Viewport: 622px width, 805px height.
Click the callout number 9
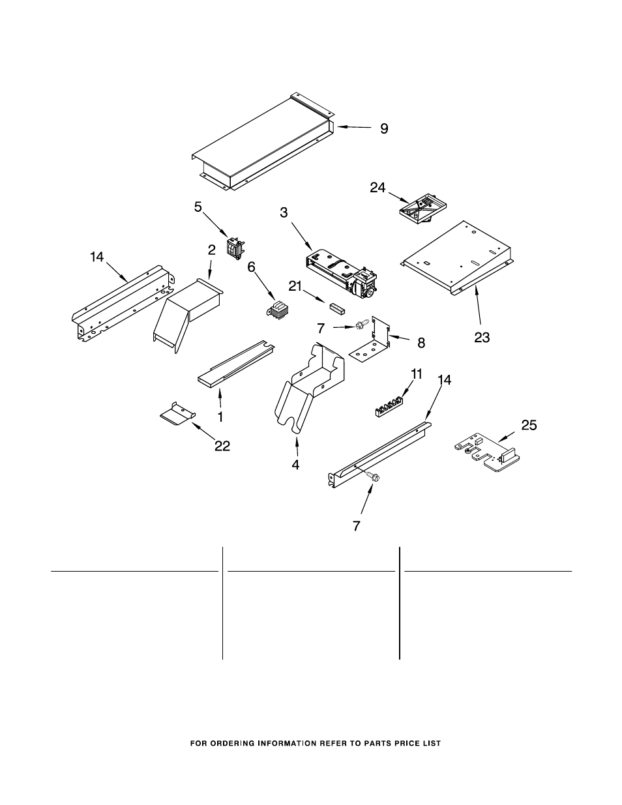click(384, 128)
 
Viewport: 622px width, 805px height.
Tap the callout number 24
click(378, 188)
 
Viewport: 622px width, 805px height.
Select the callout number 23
click(482, 338)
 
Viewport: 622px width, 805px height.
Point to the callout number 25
click(529, 425)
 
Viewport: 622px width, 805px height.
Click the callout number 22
click(222, 446)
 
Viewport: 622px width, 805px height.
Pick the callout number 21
click(295, 286)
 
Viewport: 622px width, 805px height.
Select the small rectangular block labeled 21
click(336, 307)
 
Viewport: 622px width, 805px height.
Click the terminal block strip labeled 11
click(388, 407)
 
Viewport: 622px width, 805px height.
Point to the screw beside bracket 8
click(361, 325)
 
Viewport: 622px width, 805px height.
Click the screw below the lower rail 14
click(374, 476)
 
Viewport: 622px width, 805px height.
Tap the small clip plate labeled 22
click(178, 413)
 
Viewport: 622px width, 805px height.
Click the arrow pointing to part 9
click(354, 127)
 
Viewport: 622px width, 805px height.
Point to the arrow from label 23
click(479, 308)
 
